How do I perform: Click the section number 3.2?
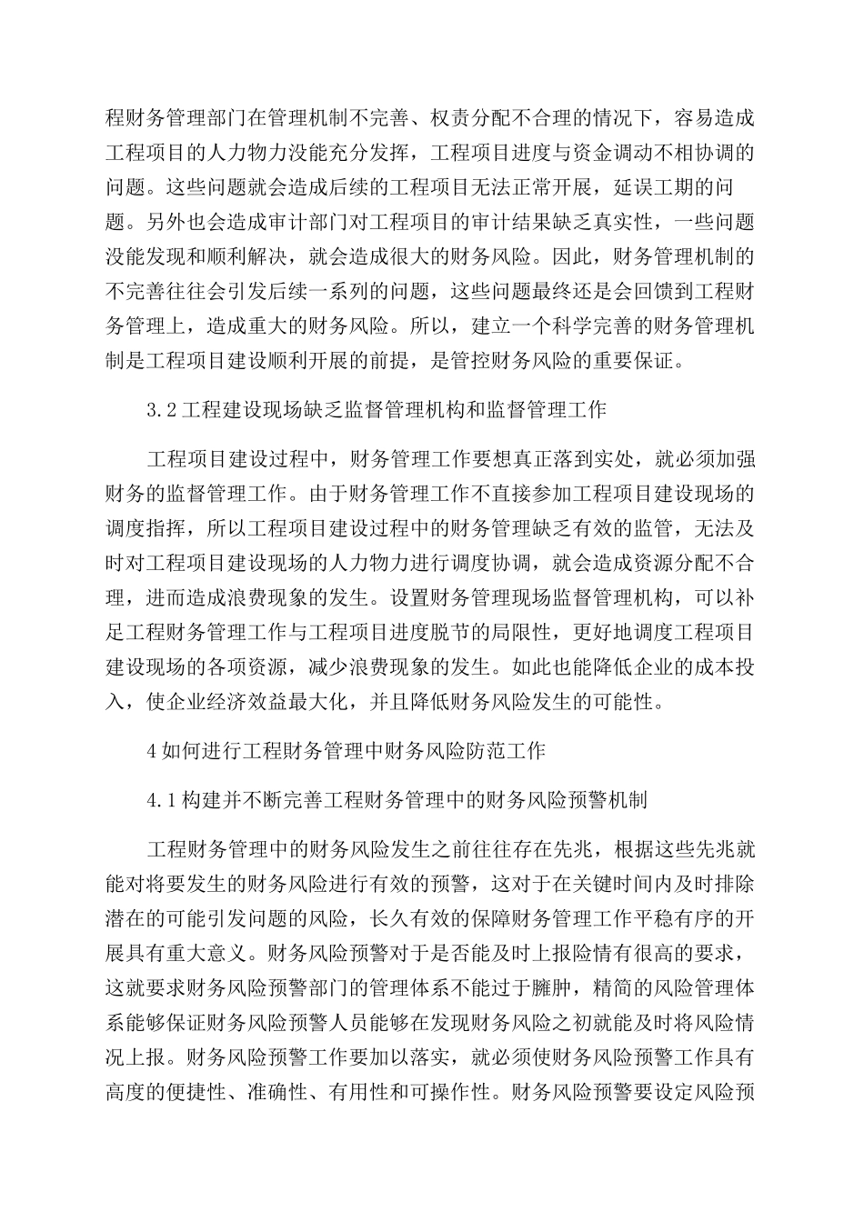(160, 410)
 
